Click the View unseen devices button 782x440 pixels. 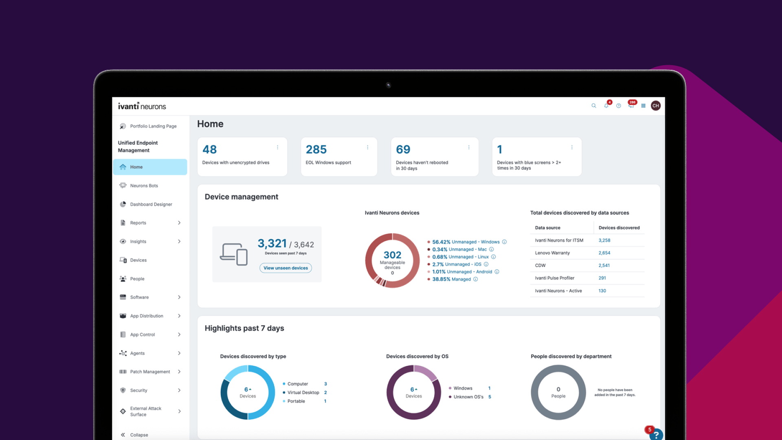click(x=286, y=268)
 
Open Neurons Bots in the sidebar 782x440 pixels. click(x=144, y=186)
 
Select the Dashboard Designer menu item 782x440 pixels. click(x=151, y=205)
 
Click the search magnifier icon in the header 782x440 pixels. click(x=594, y=106)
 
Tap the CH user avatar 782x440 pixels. click(x=656, y=106)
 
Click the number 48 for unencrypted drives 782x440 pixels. click(x=209, y=150)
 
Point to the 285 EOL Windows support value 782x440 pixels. click(x=316, y=150)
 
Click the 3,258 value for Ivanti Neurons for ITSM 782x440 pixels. click(x=604, y=240)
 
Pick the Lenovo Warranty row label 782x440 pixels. click(x=552, y=253)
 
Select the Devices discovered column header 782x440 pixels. click(x=619, y=228)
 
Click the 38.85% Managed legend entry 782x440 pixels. click(x=452, y=279)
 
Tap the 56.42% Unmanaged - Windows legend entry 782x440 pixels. click(x=466, y=242)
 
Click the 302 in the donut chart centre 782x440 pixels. click(x=392, y=255)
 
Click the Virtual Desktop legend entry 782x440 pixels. click(x=303, y=393)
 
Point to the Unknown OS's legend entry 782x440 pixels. click(x=468, y=397)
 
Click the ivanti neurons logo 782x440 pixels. click(x=142, y=106)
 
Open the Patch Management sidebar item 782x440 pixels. click(x=150, y=372)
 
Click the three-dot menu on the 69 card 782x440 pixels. click(x=469, y=147)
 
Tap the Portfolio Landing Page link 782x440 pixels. click(x=153, y=126)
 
